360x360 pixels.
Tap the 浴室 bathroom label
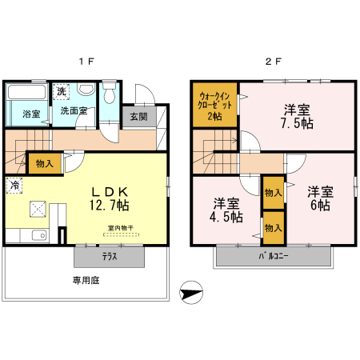click(31, 114)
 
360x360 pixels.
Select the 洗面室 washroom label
click(75, 114)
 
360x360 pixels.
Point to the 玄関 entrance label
click(138, 116)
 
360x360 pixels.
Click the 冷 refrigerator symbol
click(15, 186)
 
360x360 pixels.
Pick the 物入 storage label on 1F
click(46, 164)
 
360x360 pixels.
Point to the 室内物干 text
click(121, 229)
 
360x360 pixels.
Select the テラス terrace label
click(110, 257)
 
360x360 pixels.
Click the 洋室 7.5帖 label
click(296, 116)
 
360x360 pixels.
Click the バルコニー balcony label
click(273, 257)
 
